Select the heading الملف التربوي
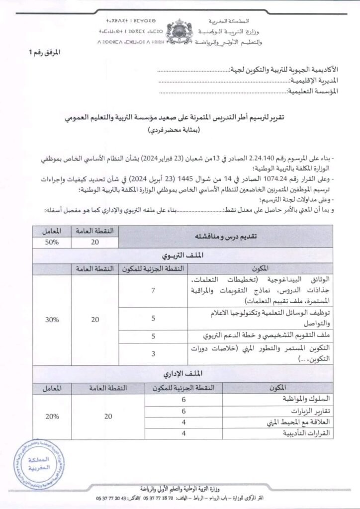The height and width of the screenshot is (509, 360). point(180,256)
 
